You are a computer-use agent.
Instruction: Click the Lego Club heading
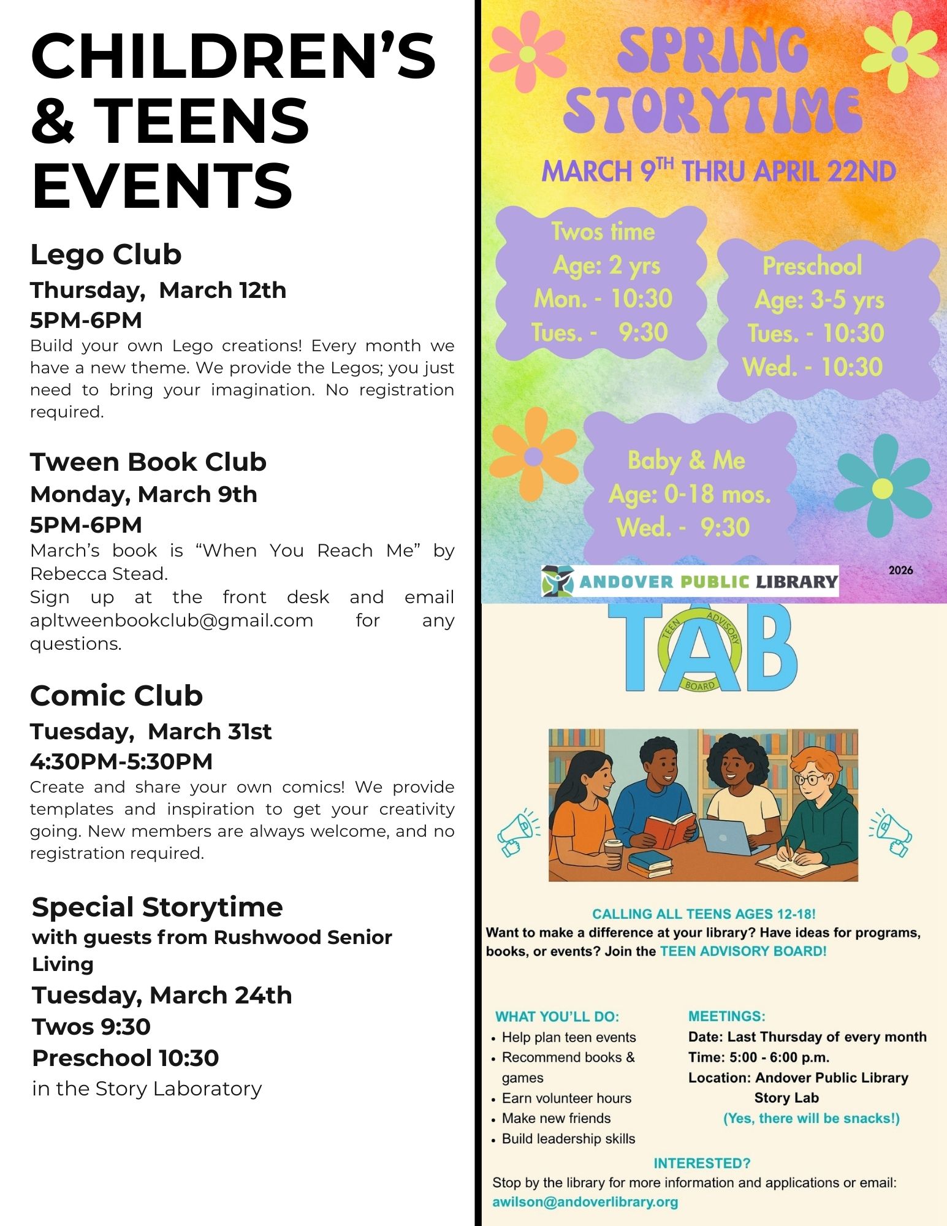(106, 254)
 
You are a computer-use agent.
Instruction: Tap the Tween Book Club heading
(148, 462)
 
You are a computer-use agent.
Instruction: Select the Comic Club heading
(116, 695)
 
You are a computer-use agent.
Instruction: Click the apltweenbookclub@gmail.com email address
(172, 620)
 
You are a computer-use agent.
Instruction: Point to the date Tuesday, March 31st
(151, 731)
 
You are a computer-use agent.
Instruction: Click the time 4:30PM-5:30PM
(121, 761)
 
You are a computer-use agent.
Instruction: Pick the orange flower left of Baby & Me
(533, 455)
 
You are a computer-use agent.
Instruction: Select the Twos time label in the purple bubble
(603, 232)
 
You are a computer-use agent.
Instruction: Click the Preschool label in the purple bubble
(812, 266)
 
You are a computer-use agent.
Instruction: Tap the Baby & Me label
(686, 460)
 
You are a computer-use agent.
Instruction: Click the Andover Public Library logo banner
(690, 581)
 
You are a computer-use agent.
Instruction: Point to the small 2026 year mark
(900, 570)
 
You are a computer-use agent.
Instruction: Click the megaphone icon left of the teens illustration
(519, 832)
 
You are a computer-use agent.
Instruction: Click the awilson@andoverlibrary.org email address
(585, 1202)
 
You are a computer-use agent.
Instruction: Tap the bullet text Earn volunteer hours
(566, 1098)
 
